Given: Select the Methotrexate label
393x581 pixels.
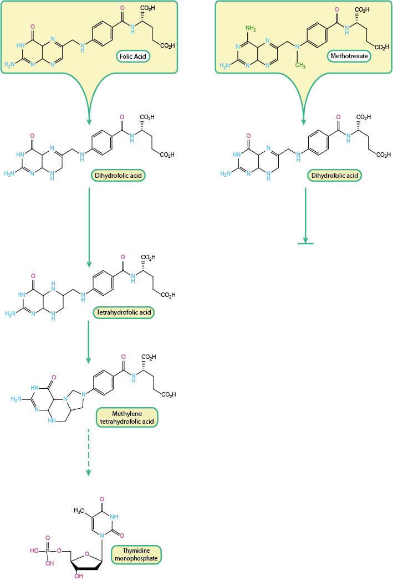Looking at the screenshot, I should tap(350, 55).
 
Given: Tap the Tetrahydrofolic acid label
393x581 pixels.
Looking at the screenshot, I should tap(123, 312).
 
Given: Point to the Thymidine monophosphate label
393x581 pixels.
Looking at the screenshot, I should tap(136, 554).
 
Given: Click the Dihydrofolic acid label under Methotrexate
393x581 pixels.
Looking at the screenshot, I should tap(334, 176).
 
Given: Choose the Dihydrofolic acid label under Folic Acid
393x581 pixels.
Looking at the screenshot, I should tap(118, 176).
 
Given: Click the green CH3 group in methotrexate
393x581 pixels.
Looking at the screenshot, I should tap(300, 65).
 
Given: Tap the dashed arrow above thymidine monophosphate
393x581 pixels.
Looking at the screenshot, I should tap(88, 451).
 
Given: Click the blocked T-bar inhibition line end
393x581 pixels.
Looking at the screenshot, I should tap(305, 243).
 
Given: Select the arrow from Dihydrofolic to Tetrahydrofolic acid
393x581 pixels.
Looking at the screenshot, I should tap(89, 227).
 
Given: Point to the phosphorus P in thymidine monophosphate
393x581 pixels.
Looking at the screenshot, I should tap(48, 551).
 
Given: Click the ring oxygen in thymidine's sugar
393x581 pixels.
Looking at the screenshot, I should tap(86, 552).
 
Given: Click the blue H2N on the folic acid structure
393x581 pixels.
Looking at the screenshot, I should tap(10, 64).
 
